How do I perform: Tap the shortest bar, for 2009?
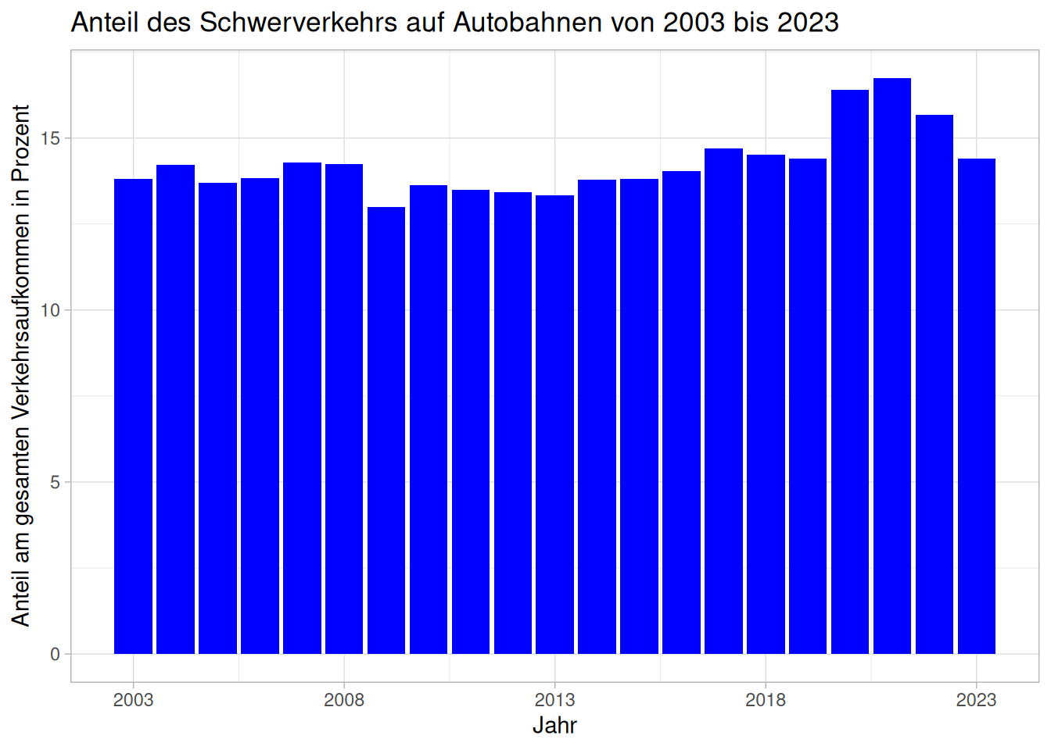tap(386, 430)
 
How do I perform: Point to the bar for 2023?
tap(977, 406)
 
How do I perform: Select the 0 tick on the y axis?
tap(55, 654)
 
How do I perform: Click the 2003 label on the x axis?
tap(133, 699)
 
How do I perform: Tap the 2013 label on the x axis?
tap(554, 699)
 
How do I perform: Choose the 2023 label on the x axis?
tap(977, 699)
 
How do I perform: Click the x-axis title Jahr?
tap(554, 725)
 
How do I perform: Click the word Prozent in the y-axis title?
tap(21, 143)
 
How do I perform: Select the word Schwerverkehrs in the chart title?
tap(299, 22)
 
